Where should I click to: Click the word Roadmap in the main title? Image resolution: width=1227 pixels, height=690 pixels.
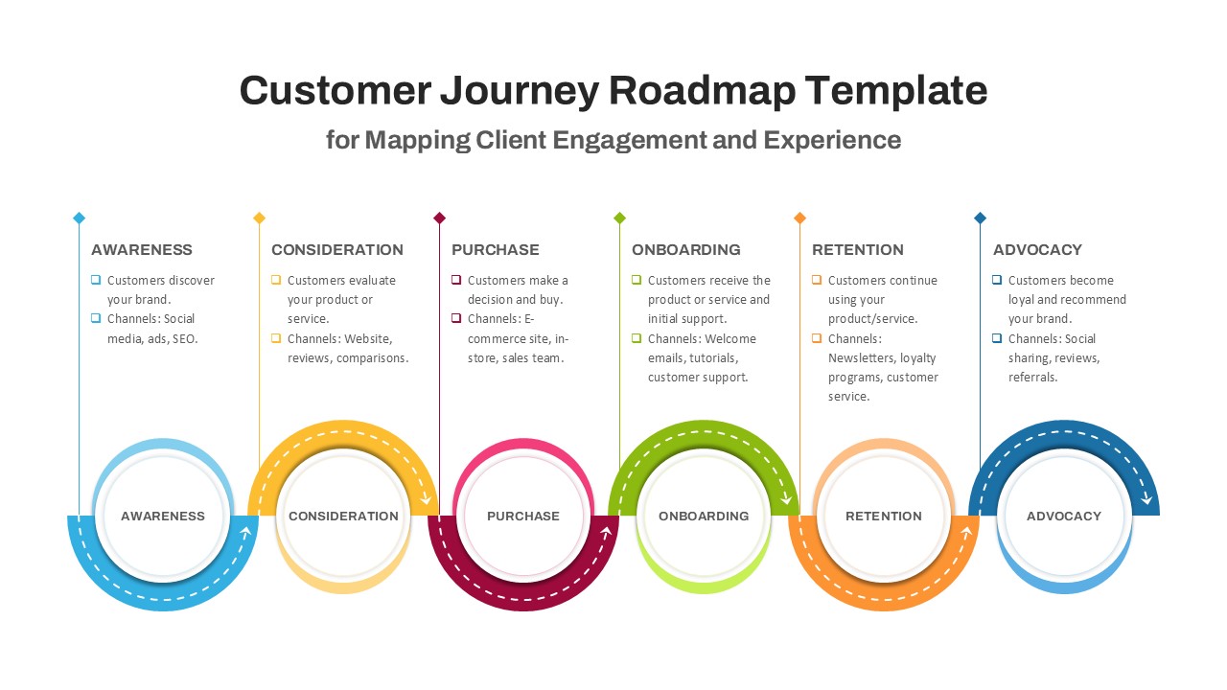[x=702, y=91]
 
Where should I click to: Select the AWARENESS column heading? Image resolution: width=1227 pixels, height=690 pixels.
[x=142, y=250]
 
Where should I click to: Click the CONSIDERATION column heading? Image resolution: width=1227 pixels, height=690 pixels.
[x=337, y=250]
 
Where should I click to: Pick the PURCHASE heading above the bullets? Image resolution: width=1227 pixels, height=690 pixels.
[x=496, y=250]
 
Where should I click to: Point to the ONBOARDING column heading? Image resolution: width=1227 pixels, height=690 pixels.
[x=686, y=250]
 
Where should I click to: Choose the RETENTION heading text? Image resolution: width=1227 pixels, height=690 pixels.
[x=858, y=250]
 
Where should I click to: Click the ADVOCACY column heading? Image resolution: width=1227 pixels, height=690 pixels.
[x=1037, y=250]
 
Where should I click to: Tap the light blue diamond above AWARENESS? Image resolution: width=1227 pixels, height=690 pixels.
[x=80, y=218]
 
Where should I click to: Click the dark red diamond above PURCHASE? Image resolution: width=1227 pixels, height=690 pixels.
[x=440, y=218]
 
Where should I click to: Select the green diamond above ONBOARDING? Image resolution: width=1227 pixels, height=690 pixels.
[x=620, y=218]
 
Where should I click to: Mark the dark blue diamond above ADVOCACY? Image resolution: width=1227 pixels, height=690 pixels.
[x=980, y=218]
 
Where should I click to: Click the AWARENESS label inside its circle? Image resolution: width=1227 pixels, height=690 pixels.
[x=163, y=516]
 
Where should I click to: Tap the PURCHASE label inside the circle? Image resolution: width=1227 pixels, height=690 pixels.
[x=523, y=516]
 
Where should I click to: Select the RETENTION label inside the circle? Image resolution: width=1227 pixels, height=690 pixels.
[x=884, y=516]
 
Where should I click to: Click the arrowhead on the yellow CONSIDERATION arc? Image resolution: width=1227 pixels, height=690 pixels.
[x=427, y=499]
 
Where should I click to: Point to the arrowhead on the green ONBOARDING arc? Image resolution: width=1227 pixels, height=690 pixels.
[x=787, y=499]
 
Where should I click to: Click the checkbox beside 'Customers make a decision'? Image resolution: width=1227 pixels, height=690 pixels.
[x=456, y=281]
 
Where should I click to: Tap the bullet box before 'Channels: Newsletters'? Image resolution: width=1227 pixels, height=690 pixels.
[x=817, y=338]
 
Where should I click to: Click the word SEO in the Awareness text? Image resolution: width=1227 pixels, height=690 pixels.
[x=184, y=338]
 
